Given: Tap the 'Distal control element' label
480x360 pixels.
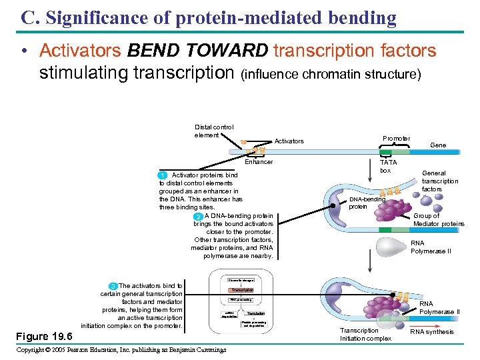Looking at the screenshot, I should [x=213, y=131].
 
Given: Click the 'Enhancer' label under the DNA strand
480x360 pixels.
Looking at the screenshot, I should [x=259, y=162].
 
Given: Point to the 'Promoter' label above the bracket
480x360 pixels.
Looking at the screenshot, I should [x=396, y=139].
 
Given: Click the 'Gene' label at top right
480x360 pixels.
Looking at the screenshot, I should [x=438, y=145].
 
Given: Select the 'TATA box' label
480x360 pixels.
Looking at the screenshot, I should [x=387, y=166].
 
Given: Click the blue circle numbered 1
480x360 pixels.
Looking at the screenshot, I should [x=163, y=175].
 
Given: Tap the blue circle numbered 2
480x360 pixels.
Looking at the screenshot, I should [x=198, y=217].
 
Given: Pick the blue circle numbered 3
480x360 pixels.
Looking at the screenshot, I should [x=113, y=286].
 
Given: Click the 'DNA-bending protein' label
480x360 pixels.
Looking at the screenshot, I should [x=367, y=203].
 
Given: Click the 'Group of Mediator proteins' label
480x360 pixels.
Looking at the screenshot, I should [x=439, y=219].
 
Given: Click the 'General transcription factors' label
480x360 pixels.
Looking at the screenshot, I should [x=440, y=181].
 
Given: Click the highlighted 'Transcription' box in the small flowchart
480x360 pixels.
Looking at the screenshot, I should [x=241, y=290].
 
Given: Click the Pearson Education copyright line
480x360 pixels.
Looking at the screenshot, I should [x=121, y=350].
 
